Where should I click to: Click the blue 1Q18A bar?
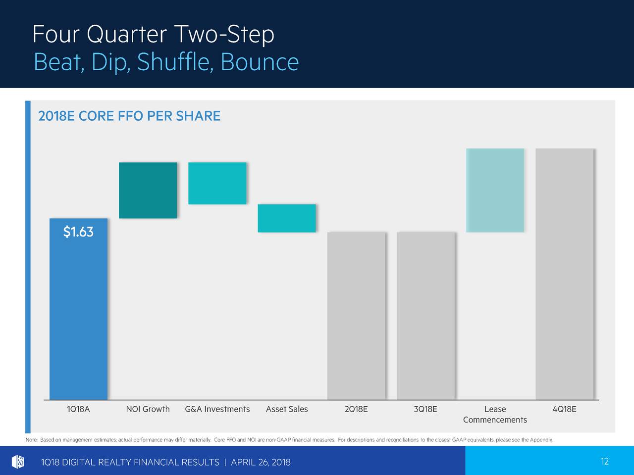78,309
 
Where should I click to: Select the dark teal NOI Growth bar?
148,190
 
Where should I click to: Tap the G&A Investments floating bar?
217,184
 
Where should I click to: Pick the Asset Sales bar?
287,218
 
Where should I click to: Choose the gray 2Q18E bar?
356,316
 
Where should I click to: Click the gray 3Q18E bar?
426,316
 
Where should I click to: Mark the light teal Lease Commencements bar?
495,190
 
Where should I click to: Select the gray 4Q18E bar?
564,274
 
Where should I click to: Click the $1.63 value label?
78,232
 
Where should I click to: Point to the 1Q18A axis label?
78,409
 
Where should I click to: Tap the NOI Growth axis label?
148,409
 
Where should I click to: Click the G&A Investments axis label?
217,409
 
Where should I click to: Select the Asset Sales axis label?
287,409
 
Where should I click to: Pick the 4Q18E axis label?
564,409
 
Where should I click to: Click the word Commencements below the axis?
495,420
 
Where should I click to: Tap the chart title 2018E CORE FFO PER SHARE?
129,116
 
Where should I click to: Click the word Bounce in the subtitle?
260,62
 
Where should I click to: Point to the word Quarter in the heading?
127,35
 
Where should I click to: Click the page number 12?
605,462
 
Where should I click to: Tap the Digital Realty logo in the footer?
18,462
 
